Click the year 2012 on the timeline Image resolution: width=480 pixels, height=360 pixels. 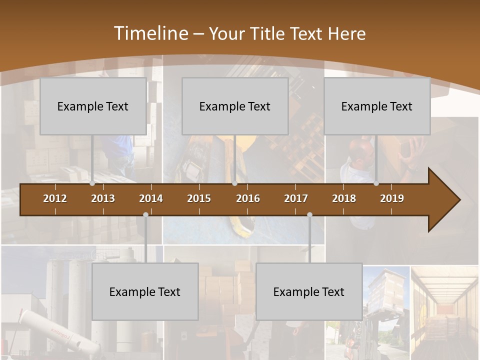55,198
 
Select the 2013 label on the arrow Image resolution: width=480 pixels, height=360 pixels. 103,198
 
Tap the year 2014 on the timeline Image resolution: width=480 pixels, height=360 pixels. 151,198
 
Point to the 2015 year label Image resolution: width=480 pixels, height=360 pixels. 199,198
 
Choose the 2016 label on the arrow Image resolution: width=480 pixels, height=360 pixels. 248,198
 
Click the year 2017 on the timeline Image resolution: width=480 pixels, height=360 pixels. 296,198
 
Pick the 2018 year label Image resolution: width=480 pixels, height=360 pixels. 344,198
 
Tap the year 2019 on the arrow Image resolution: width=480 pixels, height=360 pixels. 392,198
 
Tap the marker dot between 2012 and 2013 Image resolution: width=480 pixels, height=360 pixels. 92,183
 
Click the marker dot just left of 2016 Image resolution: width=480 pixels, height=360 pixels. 234,183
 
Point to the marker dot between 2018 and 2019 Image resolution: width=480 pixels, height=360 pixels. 376,183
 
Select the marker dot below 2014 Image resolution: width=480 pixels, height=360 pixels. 145,215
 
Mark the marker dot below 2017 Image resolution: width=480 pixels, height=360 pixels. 309,215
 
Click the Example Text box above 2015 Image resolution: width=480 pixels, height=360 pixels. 235,106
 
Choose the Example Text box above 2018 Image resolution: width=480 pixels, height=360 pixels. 377,106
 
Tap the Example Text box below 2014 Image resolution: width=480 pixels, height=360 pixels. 145,291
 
